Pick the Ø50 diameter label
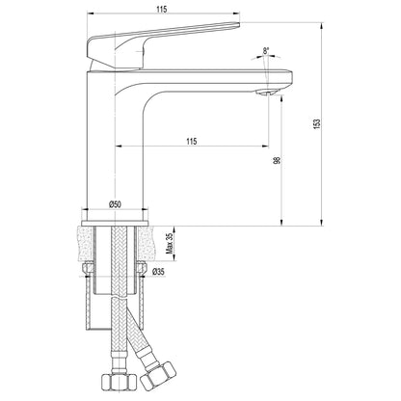(116, 203)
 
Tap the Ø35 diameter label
(160, 272)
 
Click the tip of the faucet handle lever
(231, 26)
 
